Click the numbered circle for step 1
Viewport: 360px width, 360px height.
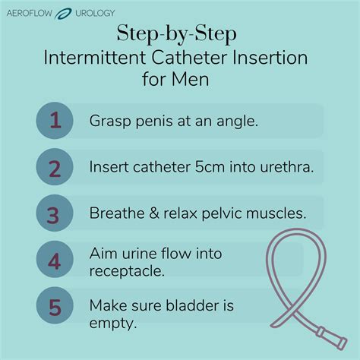(54, 121)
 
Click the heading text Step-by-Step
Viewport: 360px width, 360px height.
(180, 33)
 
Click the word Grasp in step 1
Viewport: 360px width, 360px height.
(110, 122)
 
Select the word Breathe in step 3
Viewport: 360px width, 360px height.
(117, 213)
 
